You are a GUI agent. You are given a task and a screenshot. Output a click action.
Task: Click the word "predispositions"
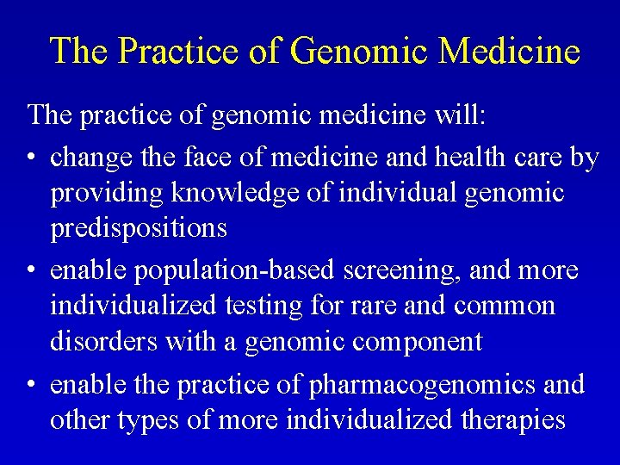[139, 230]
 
